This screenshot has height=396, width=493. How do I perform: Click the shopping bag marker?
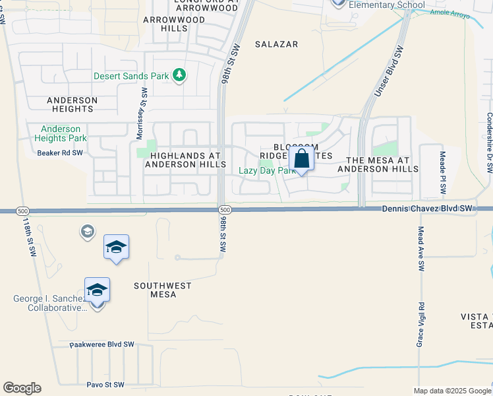(301, 160)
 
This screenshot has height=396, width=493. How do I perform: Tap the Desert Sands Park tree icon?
(179, 75)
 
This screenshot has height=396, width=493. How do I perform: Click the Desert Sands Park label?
(131, 76)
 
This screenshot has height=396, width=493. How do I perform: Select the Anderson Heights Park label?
(61, 133)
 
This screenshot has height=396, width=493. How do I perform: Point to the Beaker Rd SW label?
(61, 152)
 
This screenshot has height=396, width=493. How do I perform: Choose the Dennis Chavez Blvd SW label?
(428, 209)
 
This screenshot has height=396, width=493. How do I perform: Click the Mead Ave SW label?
(420, 249)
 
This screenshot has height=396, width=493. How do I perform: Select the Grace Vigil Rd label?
(419, 325)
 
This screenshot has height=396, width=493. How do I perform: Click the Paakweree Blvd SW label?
(102, 345)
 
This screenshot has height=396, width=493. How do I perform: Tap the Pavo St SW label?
(105, 384)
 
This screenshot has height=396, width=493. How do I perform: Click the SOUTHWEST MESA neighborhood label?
(163, 290)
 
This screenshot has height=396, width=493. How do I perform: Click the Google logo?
(22, 388)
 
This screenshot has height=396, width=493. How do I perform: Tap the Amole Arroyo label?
(451, 14)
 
